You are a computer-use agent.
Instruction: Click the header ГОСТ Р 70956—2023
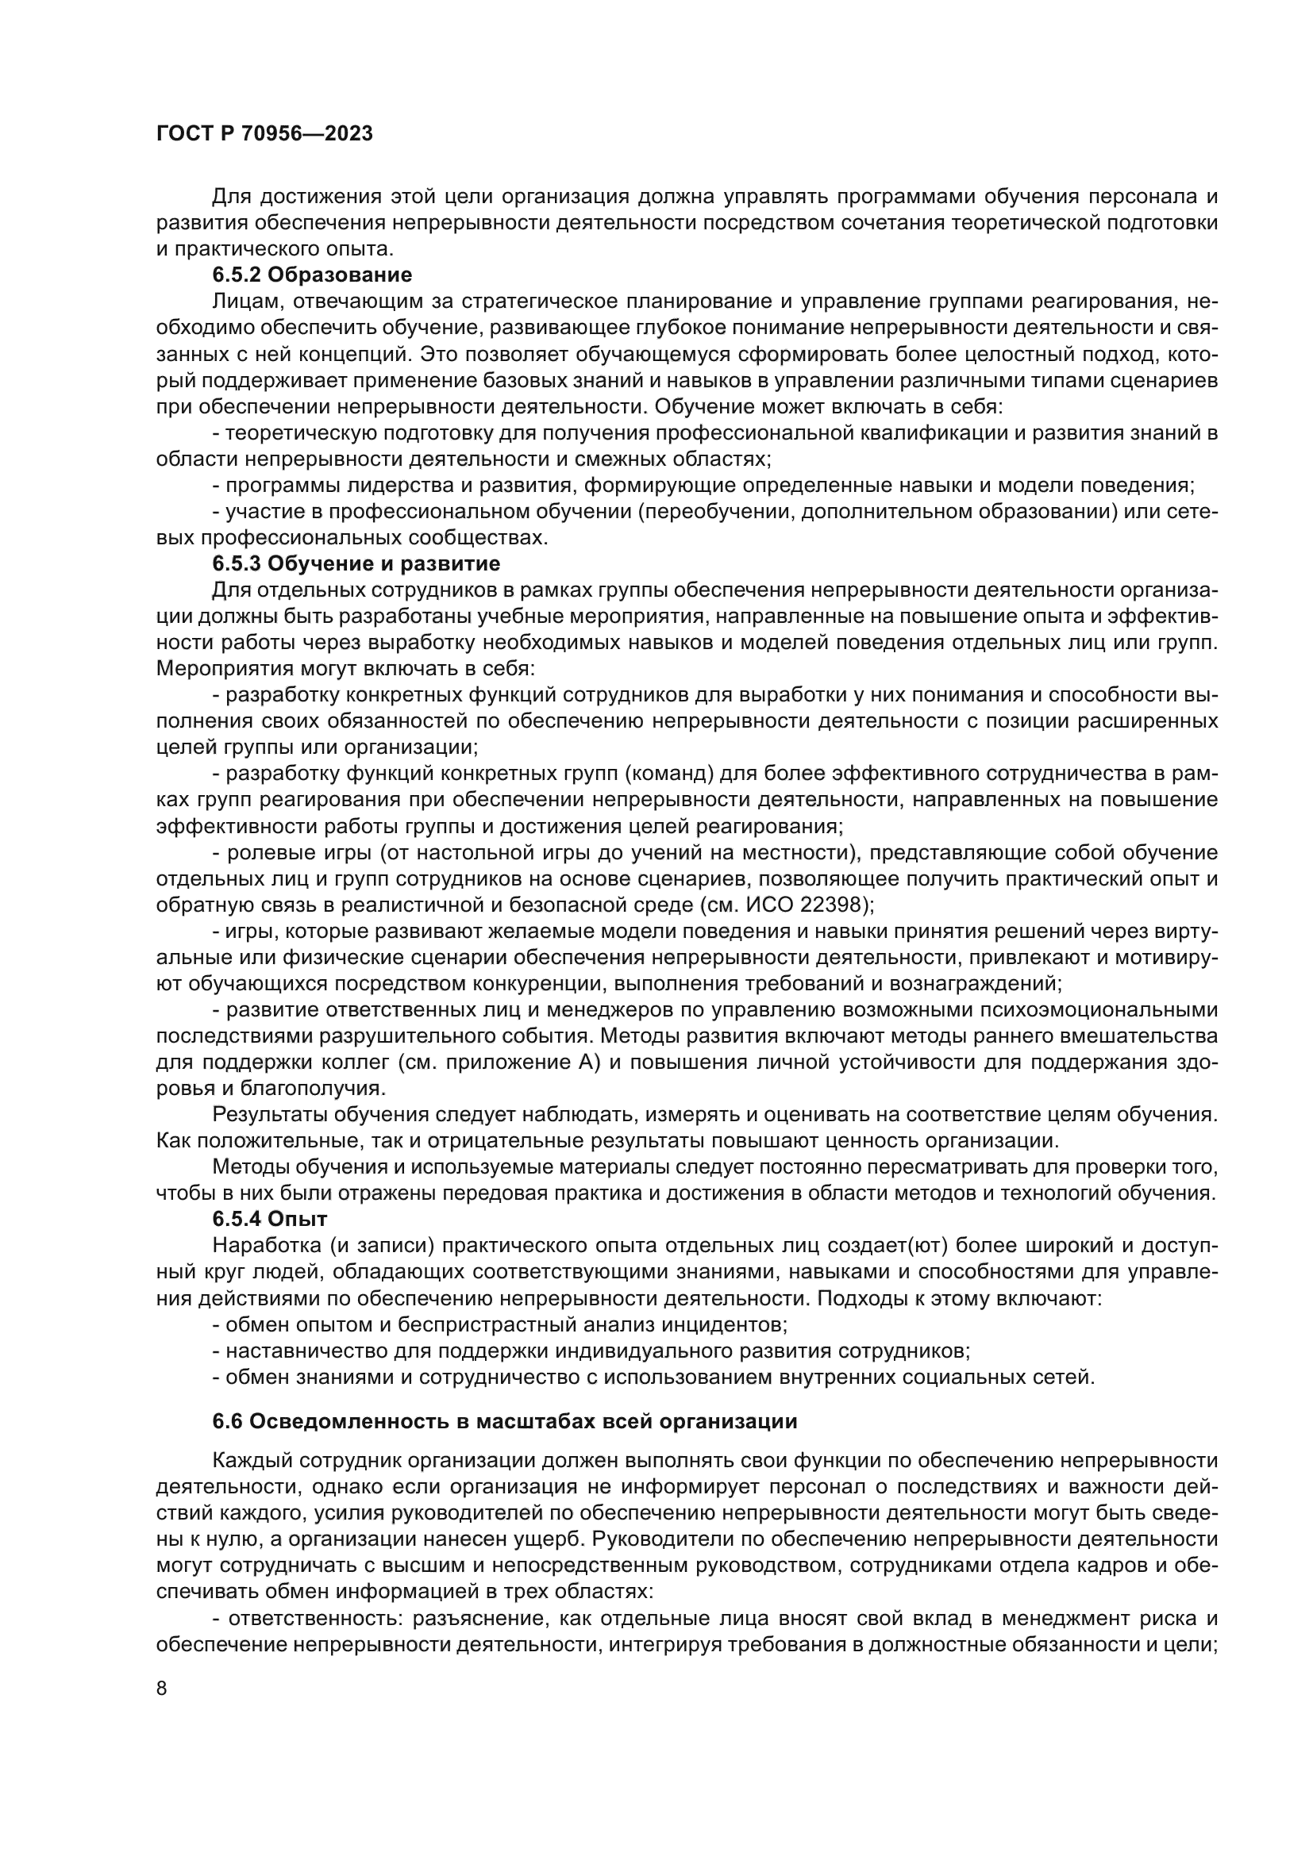pyautogui.click(x=264, y=133)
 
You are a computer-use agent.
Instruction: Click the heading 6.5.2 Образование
pyautogui.click(x=312, y=275)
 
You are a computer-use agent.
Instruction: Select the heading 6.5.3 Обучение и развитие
pyautogui.click(x=356, y=563)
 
